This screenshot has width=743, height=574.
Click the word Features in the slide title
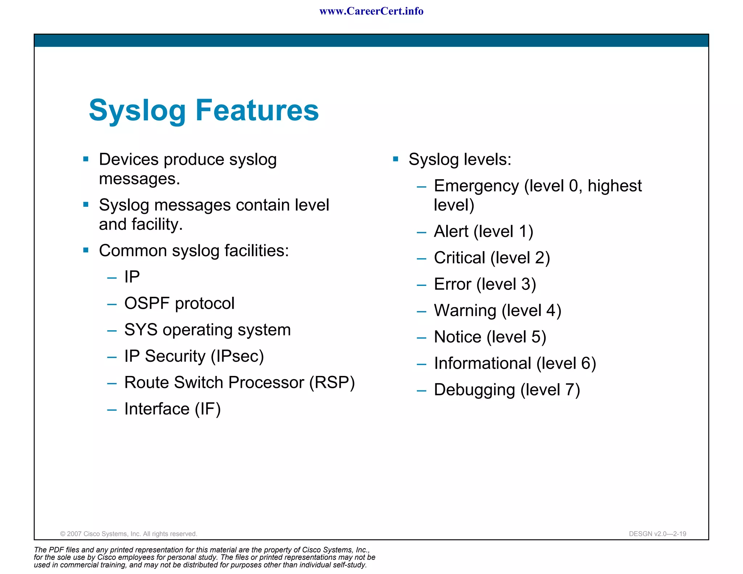[x=257, y=110]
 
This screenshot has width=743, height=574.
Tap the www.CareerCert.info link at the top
[x=371, y=11]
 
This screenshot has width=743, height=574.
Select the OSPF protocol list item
[x=179, y=303]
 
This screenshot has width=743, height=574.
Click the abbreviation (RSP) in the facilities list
[x=332, y=382]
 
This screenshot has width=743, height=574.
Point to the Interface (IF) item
[x=172, y=409]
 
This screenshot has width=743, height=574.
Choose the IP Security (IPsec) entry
[x=194, y=356]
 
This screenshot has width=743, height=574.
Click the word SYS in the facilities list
[x=141, y=330]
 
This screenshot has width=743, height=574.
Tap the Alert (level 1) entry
[x=483, y=231]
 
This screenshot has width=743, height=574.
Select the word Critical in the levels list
[x=459, y=258]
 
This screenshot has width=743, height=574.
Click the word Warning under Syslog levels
[x=465, y=311]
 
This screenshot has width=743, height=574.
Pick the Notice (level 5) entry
[x=490, y=337]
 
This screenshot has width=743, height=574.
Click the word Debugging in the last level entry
[x=474, y=390]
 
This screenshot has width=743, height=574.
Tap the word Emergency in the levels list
[x=476, y=186]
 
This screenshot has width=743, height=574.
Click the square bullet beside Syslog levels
[x=395, y=159]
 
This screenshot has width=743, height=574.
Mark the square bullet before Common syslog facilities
[x=86, y=250]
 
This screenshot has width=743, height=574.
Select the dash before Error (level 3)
[x=421, y=285]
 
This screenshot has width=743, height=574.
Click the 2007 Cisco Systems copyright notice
[x=128, y=534]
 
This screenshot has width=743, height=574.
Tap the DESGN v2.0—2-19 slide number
[x=657, y=534]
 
